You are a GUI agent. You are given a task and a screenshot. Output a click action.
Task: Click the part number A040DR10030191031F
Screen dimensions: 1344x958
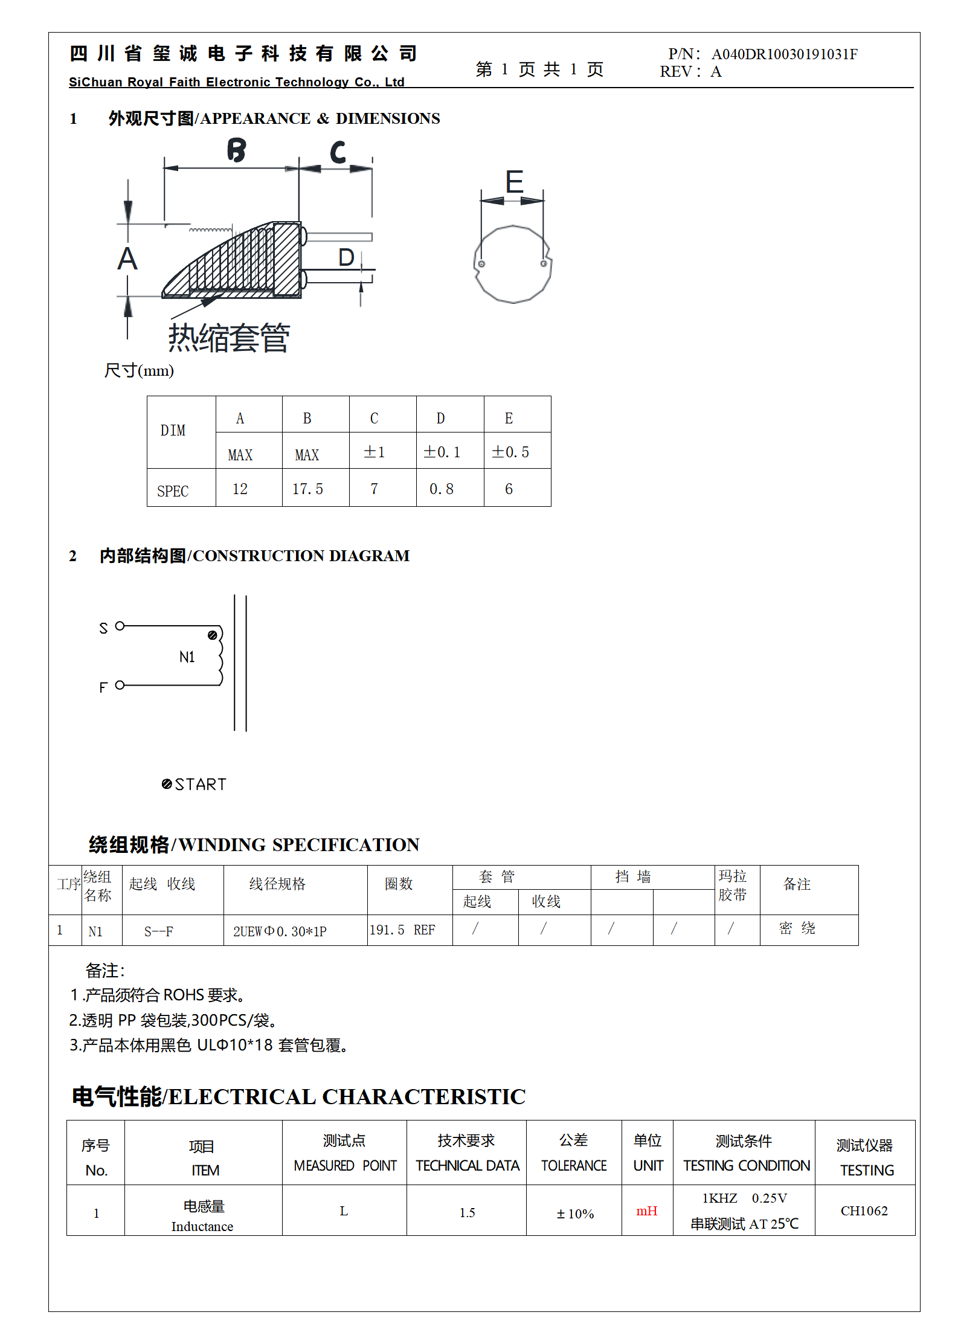click(784, 54)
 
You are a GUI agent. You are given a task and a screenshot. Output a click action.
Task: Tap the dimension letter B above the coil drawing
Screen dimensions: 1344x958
click(237, 150)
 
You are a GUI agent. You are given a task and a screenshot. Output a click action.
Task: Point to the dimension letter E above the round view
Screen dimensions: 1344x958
click(514, 182)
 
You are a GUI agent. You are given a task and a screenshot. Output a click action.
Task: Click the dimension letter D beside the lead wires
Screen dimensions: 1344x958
click(346, 258)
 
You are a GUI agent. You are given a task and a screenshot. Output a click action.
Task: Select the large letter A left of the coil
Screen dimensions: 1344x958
click(127, 259)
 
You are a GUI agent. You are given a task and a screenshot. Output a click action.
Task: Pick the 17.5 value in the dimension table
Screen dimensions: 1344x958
click(307, 489)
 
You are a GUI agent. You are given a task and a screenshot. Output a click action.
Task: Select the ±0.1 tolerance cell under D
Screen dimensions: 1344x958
click(442, 452)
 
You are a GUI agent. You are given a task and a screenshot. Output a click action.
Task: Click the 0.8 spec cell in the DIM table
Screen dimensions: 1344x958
click(441, 489)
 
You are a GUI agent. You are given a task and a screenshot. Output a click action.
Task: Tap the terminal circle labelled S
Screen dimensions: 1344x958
click(120, 626)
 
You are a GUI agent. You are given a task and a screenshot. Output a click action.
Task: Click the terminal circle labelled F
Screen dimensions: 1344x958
click(120, 685)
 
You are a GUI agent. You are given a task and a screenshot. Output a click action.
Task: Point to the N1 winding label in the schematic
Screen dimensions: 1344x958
click(187, 657)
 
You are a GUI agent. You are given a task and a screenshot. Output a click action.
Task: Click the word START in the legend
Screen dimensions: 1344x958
click(201, 784)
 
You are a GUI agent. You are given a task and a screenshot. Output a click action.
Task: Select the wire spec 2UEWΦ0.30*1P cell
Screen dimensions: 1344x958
click(280, 931)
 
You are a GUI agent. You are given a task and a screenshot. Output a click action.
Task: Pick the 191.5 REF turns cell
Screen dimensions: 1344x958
click(402, 930)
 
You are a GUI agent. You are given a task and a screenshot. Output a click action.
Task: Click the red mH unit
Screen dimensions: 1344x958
click(646, 1211)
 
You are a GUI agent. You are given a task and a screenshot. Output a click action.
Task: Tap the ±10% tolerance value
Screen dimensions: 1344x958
click(575, 1214)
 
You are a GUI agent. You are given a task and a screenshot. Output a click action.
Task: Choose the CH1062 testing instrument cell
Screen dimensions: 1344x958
click(864, 1211)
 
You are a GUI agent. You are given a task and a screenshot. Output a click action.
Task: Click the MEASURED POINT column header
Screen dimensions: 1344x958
click(345, 1165)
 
